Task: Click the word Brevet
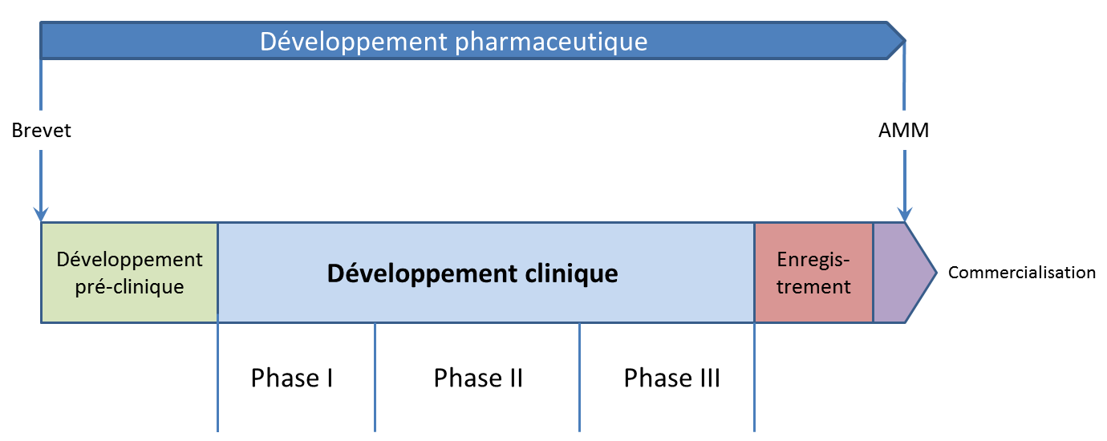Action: [41, 131]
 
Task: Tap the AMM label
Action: [903, 131]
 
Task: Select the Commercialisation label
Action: [1021, 273]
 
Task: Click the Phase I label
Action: [291, 378]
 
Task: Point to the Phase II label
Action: [478, 378]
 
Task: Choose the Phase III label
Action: [671, 378]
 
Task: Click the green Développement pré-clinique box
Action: [129, 273]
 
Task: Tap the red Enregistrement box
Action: [813, 273]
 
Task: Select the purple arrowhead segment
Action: [900, 273]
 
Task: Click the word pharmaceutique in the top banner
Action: [551, 42]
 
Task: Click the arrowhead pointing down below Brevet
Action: [41, 215]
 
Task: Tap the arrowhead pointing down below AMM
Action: [904, 215]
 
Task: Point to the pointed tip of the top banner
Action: [905, 41]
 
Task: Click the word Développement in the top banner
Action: [353, 42]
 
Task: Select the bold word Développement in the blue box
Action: [422, 274]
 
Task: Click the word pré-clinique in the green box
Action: [129, 287]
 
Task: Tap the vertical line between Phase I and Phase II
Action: [375, 378]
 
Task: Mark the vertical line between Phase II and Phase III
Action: [579, 378]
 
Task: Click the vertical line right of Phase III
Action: [755, 378]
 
